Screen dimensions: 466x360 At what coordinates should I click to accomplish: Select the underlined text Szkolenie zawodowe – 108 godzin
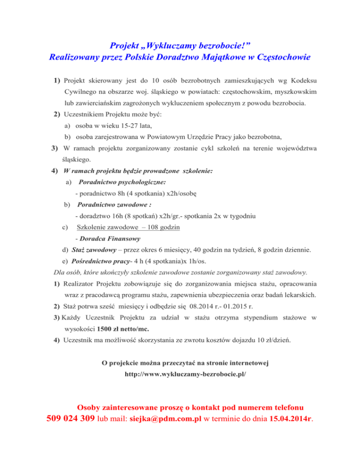128,227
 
